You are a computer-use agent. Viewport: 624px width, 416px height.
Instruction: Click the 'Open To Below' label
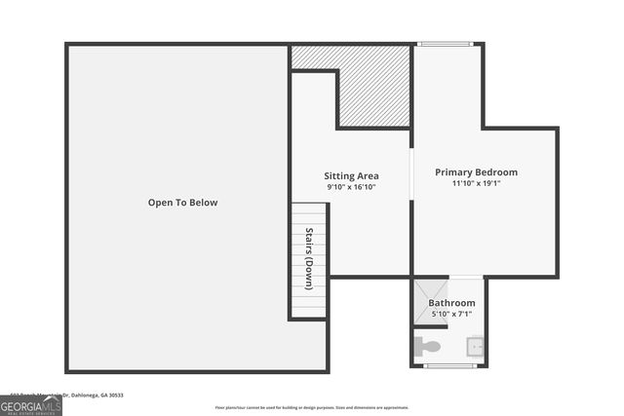click(182, 203)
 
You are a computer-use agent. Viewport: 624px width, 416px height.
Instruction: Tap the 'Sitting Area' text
click(351, 176)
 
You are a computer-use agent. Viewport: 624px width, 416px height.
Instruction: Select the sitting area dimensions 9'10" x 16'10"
click(351, 187)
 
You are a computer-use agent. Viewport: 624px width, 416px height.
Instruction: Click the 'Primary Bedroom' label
click(476, 172)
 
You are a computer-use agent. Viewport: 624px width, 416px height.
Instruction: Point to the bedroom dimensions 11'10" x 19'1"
click(476, 183)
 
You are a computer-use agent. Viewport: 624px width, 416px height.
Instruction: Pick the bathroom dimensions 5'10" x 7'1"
click(451, 315)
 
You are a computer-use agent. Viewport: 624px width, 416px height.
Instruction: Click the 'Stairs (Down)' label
click(309, 258)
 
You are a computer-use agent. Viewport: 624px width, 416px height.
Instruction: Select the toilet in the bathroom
click(427, 346)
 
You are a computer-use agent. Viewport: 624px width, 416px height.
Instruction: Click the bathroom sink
click(475, 346)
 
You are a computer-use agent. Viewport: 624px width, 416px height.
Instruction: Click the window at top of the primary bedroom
click(445, 44)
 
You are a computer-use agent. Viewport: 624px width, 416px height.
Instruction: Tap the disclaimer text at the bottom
click(312, 407)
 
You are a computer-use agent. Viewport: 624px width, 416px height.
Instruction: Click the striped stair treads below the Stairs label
click(309, 302)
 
